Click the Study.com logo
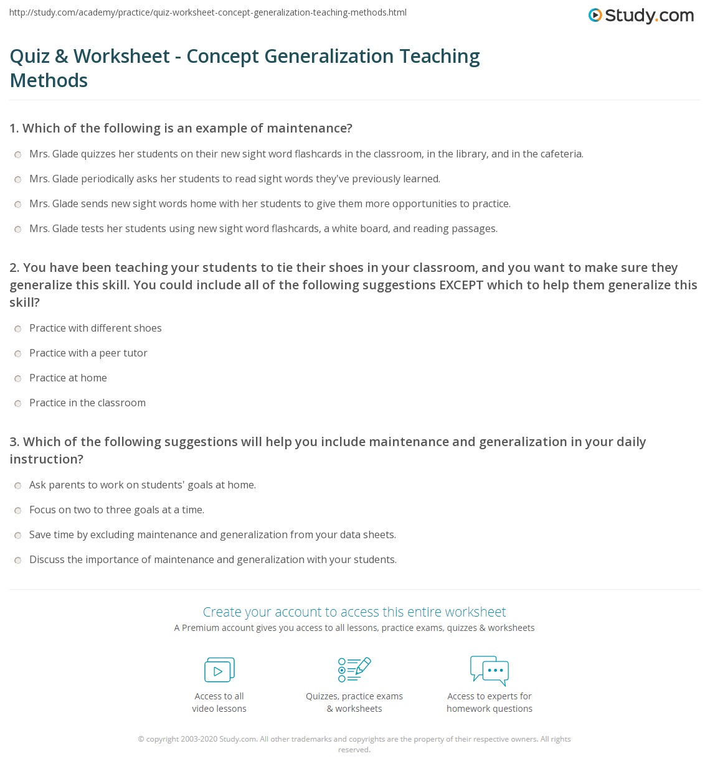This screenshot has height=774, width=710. pyautogui.click(x=641, y=16)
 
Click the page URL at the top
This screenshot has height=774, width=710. pyautogui.click(x=208, y=12)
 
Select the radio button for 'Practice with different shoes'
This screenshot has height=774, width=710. pyautogui.click(x=18, y=329)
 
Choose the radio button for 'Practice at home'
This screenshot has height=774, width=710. pyautogui.click(x=18, y=378)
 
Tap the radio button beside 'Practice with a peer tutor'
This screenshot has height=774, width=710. pyautogui.click(x=18, y=353)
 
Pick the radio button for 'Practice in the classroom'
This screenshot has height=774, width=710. pyautogui.click(x=18, y=403)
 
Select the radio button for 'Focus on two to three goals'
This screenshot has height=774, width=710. pyautogui.click(x=18, y=510)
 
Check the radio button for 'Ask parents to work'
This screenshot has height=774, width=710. pyautogui.click(x=18, y=485)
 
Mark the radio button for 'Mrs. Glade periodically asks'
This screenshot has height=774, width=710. pyautogui.click(x=18, y=179)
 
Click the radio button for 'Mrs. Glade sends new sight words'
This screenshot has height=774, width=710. pyautogui.click(x=18, y=204)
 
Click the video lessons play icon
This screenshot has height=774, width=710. pyautogui.click(x=219, y=670)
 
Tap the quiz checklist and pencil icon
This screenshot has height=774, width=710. pyautogui.click(x=354, y=669)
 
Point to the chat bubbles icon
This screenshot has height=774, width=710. pyautogui.click(x=490, y=670)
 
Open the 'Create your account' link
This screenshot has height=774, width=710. pyautogui.click(x=354, y=612)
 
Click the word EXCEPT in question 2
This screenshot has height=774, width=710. pyautogui.click(x=462, y=285)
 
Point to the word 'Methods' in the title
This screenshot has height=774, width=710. pyautogui.click(x=49, y=80)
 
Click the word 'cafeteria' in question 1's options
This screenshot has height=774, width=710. pyautogui.click(x=560, y=154)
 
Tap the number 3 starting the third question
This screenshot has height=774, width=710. pyautogui.click(x=14, y=442)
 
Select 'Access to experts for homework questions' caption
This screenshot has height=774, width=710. pyautogui.click(x=490, y=702)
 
